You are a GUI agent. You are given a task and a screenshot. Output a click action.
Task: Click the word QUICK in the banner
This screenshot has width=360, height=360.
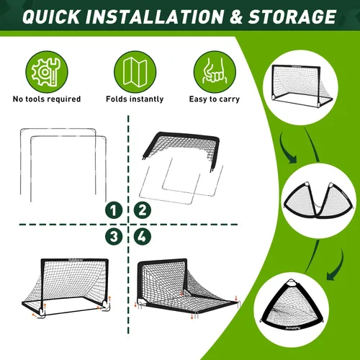point(51,17)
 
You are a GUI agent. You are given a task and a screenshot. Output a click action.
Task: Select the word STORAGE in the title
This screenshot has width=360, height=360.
point(292,17)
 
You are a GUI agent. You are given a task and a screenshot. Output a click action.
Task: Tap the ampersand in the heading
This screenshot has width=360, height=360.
point(235,17)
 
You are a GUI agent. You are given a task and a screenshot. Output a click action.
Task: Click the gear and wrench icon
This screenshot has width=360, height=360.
point(47,71)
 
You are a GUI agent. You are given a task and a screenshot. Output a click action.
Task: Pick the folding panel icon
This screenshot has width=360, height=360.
point(135,71)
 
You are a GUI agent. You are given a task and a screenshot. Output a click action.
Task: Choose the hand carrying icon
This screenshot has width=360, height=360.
point(215,71)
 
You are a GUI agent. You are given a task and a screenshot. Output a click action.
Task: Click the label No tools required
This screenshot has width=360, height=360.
point(47,99)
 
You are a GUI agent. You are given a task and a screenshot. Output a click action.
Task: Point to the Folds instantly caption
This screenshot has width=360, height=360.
point(135,99)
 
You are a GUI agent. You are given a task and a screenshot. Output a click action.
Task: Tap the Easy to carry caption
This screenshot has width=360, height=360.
point(215,99)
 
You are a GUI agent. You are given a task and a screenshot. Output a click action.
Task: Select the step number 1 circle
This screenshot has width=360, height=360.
point(114,210)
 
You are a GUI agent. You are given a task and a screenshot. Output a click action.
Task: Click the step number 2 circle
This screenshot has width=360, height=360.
point(143,210)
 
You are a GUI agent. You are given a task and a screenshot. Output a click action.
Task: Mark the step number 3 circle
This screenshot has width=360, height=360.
point(114,236)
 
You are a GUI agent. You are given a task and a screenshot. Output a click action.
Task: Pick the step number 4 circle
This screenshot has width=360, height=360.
point(143,236)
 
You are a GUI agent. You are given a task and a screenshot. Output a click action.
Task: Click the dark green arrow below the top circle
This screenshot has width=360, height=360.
point(287,150)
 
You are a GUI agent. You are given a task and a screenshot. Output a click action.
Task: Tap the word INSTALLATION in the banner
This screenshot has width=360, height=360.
point(154,17)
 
